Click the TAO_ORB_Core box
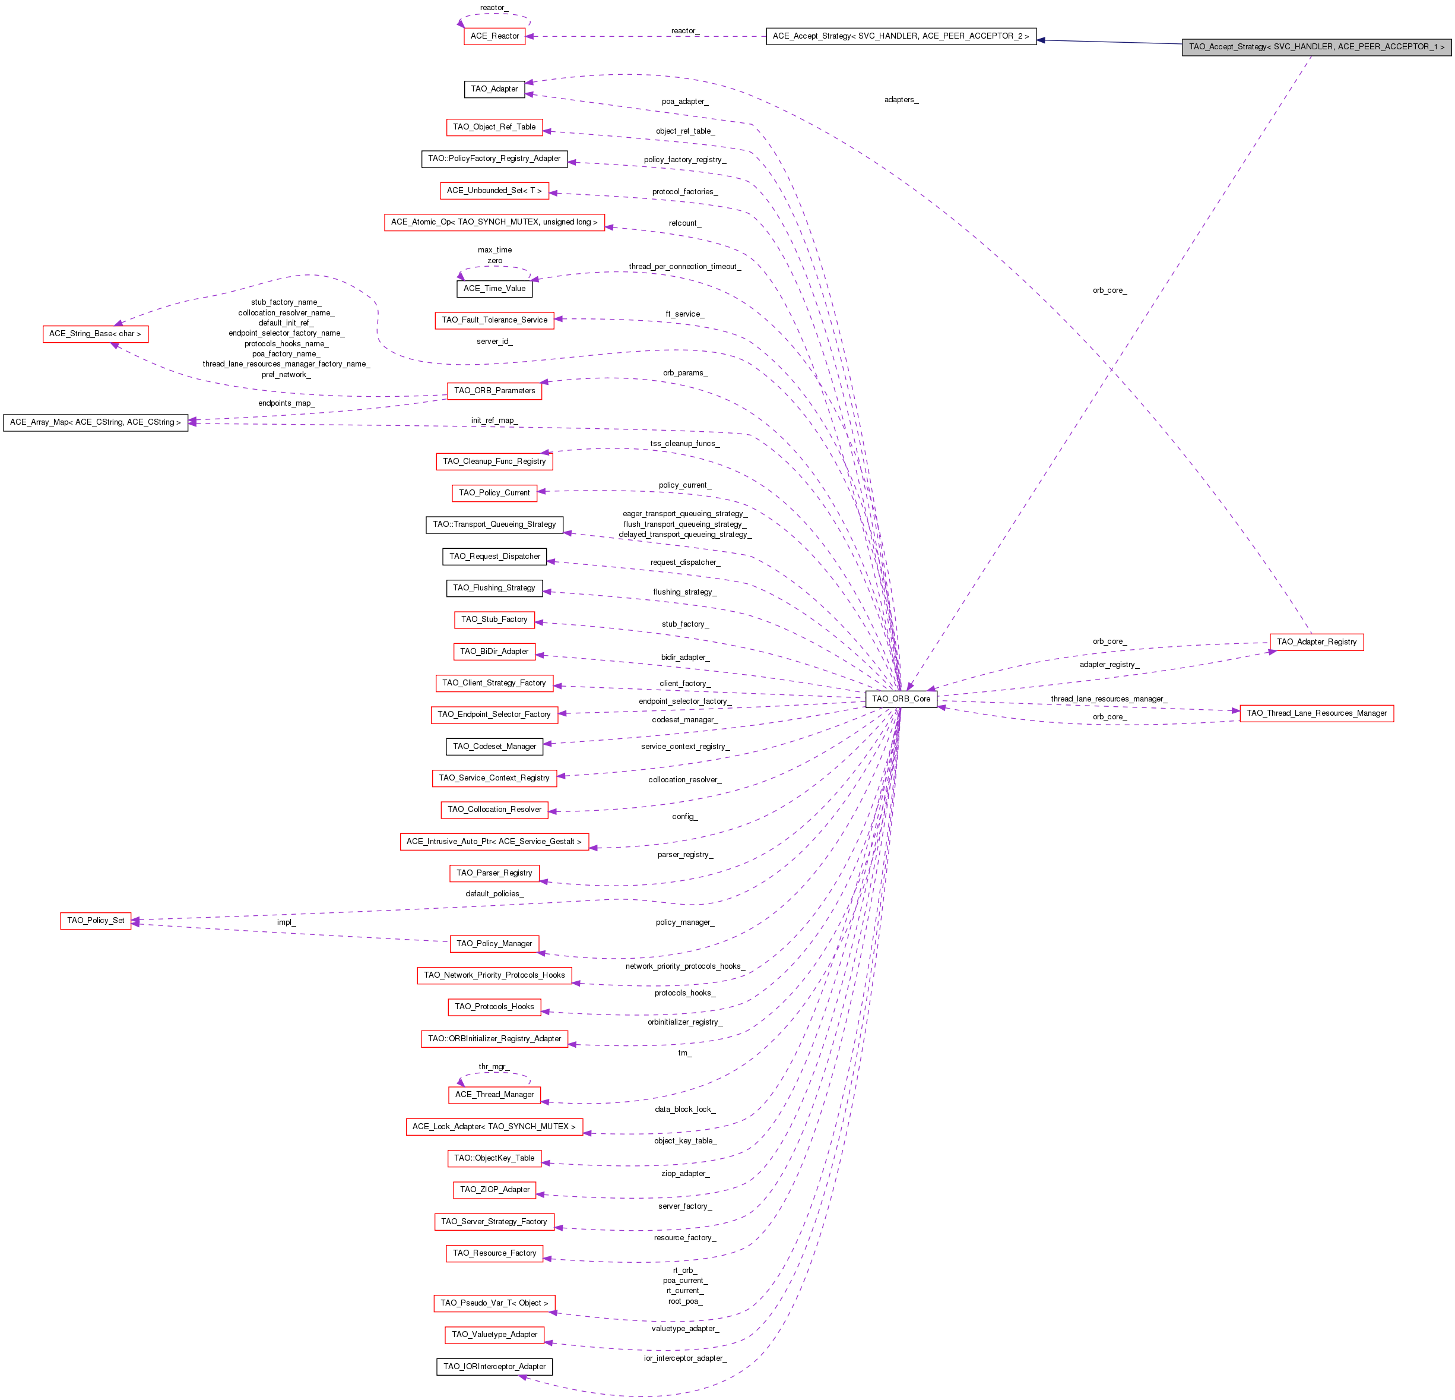(x=901, y=699)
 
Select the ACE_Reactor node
(x=494, y=36)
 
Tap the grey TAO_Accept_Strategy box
(x=1316, y=47)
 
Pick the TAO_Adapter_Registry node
(x=1316, y=641)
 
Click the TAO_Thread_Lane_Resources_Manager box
(x=1316, y=713)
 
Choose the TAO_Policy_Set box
(x=96, y=920)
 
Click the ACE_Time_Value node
(x=494, y=289)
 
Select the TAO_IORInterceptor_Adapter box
(x=494, y=1367)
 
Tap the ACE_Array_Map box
(x=95, y=422)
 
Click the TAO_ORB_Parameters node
(x=494, y=391)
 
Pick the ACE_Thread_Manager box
(x=494, y=1095)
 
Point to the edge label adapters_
(x=901, y=100)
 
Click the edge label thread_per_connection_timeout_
(x=684, y=267)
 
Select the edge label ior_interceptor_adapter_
(x=684, y=1358)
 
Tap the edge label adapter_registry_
(x=1109, y=665)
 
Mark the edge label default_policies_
(x=494, y=894)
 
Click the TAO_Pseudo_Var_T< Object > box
(x=494, y=1303)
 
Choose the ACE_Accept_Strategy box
(x=901, y=36)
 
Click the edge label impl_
(x=286, y=922)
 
